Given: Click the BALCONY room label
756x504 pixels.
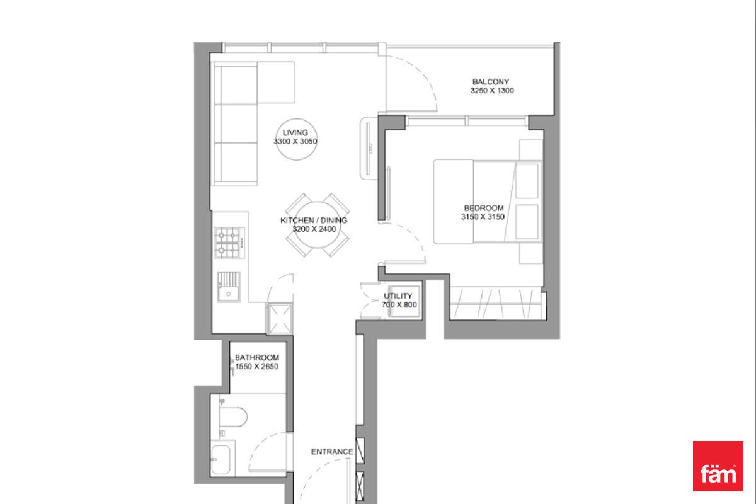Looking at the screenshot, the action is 490,82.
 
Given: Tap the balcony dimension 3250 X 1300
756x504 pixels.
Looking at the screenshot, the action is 492,91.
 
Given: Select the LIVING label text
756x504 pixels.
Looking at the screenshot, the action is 295,133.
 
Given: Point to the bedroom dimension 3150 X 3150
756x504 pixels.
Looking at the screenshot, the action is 483,217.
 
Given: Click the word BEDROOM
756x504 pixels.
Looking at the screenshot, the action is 484,208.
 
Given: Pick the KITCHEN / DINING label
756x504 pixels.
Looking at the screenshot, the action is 314,220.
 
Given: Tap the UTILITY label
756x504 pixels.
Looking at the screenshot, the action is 398,296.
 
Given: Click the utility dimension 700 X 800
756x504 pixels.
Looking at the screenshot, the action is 399,305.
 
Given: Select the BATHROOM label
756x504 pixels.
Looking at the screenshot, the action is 257,357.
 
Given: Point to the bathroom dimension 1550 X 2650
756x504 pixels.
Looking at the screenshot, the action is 256,366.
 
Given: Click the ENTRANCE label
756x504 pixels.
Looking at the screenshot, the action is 332,452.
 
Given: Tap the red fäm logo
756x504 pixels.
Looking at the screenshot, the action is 718,466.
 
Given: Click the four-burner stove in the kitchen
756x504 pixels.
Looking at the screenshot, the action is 229,243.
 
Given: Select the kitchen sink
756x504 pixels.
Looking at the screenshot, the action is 229,287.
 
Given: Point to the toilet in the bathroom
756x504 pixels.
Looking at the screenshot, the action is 233,417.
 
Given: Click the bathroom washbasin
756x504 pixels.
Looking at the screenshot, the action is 220,459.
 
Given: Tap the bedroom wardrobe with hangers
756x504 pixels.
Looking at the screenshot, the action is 498,303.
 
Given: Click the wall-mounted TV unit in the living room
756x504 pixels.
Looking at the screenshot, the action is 369,149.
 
